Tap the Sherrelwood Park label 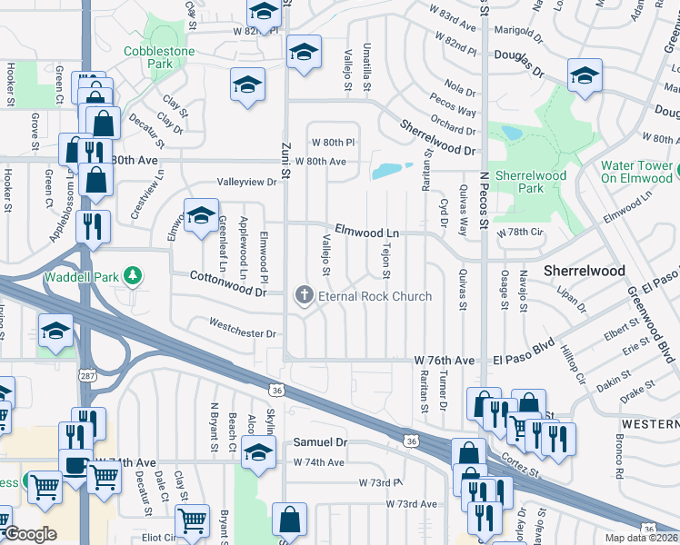(x=531, y=182)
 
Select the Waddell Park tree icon (x=133, y=274)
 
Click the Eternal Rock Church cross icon (x=304, y=295)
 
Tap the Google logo (x=29, y=535)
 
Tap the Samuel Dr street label (x=320, y=442)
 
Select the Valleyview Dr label (x=245, y=182)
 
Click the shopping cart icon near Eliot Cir (x=192, y=522)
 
